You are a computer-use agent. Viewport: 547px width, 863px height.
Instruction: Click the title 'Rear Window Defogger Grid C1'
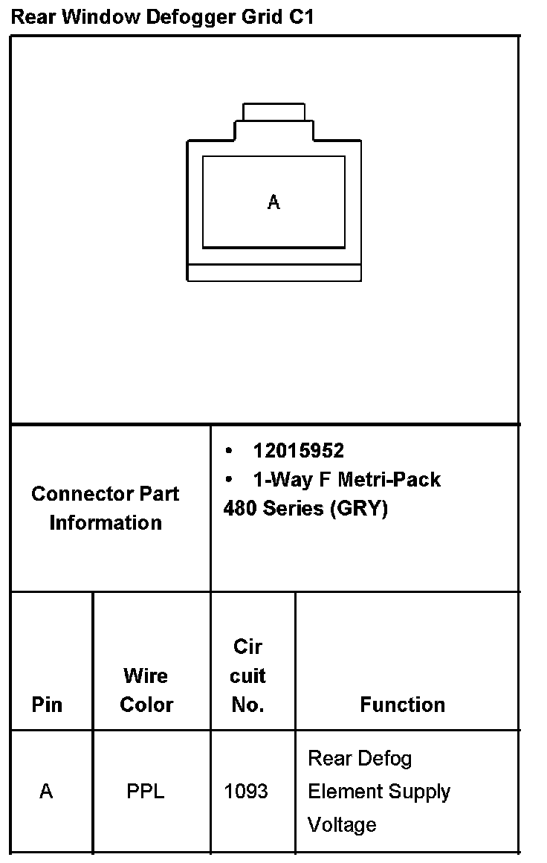click(x=162, y=17)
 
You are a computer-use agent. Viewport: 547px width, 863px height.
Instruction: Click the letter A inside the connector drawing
click(x=273, y=202)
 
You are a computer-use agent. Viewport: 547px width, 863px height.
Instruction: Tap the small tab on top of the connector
click(x=273, y=112)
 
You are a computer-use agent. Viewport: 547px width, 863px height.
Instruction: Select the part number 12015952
click(x=298, y=451)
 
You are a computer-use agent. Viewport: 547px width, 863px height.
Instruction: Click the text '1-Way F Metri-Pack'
click(x=346, y=480)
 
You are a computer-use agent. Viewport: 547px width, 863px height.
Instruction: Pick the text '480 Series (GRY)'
click(x=305, y=509)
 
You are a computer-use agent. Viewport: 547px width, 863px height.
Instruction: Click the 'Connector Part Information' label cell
click(x=106, y=508)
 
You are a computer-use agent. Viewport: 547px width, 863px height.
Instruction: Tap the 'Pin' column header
click(x=48, y=705)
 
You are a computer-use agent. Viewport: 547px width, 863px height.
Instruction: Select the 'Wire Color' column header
click(x=146, y=690)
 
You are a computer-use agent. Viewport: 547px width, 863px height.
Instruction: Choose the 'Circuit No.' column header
click(x=247, y=676)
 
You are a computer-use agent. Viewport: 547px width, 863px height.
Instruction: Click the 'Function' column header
click(x=403, y=705)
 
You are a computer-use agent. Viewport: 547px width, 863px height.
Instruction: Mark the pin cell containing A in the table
click(x=46, y=792)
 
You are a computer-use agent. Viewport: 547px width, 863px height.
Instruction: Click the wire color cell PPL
click(x=146, y=792)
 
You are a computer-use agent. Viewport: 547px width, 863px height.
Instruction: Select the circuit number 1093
click(x=246, y=792)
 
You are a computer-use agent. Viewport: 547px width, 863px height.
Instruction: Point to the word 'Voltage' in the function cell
click(x=342, y=824)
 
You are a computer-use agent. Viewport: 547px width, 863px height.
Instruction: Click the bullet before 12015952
click(x=229, y=451)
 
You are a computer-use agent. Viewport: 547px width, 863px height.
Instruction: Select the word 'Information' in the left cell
click(x=106, y=522)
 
